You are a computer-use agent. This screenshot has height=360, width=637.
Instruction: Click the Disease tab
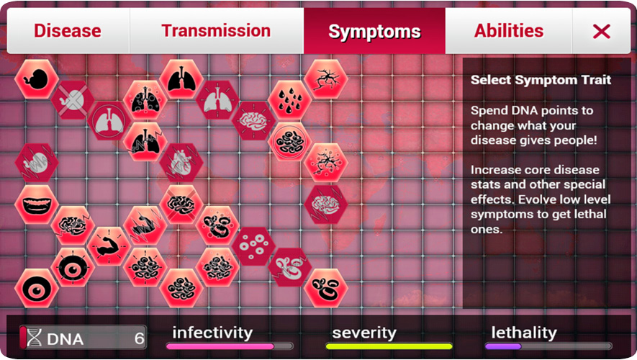68,31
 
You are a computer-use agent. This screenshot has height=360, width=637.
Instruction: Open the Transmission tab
216,31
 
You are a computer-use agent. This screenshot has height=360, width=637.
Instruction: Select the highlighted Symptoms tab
374,31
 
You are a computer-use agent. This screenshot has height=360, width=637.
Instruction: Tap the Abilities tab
509,31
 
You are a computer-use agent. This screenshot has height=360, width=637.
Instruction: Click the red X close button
601,31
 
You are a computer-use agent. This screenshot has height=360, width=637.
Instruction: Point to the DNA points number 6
140,338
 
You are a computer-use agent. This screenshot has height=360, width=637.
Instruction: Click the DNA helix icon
34,338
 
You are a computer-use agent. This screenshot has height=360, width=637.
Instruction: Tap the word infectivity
212,333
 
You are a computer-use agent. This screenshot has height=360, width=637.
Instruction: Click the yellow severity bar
389,346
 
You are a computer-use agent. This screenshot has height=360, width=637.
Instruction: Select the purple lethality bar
503,346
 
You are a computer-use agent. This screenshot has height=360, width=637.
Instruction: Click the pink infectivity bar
220,346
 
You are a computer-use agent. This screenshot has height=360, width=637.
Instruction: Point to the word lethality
524,333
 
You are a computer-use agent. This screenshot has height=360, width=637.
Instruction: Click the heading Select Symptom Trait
541,80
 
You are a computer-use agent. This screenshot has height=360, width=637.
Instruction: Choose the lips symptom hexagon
37,204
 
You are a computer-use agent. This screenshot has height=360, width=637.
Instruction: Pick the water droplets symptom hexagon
289,100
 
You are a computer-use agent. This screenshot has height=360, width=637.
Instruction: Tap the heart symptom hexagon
181,163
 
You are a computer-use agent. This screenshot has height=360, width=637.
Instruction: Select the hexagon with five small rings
253,246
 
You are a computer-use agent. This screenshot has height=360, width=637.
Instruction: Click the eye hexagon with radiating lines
73,267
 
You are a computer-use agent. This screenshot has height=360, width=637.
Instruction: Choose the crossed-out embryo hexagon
73,100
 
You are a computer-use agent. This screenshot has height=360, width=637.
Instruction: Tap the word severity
364,333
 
